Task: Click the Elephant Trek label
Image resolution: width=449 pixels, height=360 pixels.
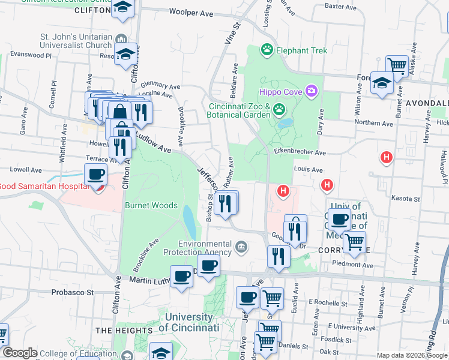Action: (x=302, y=50)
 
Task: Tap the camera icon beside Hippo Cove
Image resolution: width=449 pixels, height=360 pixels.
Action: (x=311, y=91)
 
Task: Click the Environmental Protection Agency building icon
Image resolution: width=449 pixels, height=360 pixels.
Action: (x=241, y=247)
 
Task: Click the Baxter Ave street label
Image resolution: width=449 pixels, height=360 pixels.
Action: (x=340, y=6)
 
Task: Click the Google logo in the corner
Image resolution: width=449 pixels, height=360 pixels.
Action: (x=19, y=353)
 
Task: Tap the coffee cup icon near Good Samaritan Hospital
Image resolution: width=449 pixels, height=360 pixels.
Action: (x=96, y=175)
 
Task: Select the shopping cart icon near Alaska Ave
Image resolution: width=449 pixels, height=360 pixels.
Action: (x=396, y=65)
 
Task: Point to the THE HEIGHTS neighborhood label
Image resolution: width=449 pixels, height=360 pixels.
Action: (x=120, y=331)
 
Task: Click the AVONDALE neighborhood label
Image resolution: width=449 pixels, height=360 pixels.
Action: (x=427, y=103)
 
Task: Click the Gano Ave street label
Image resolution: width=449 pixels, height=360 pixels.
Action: (x=23, y=122)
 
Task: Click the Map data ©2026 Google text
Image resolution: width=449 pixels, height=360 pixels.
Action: (x=412, y=355)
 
